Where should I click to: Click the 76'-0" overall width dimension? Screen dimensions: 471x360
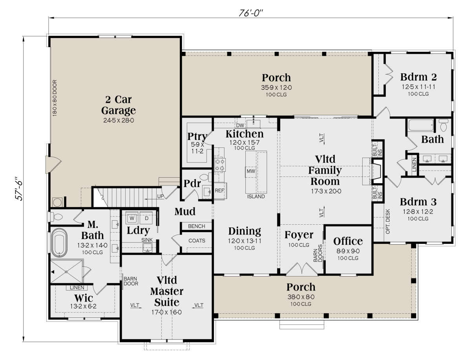pyautogui.click(x=251, y=13)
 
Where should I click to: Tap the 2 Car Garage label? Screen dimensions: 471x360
pyautogui.click(x=119, y=105)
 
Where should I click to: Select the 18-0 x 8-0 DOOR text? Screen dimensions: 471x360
pyautogui.click(x=55, y=98)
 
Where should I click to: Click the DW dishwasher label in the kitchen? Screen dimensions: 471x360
pyautogui.click(x=240, y=125)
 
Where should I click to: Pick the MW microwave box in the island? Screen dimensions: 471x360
pyautogui.click(x=251, y=171)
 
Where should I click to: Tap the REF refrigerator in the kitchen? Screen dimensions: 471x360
pyautogui.click(x=219, y=191)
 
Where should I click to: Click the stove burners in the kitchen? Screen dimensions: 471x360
pyautogui.click(x=220, y=165)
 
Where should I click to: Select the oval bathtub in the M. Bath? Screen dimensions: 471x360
pyautogui.click(x=59, y=243)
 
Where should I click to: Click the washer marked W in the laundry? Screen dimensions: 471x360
pyautogui.click(x=132, y=218)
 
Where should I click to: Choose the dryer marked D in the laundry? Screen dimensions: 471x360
pyautogui.click(x=146, y=218)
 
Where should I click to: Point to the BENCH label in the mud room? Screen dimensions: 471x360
pyautogui.click(x=196, y=226)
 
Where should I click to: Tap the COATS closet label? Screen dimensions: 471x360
pyautogui.click(x=197, y=240)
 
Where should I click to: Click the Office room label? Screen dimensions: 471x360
pyautogui.click(x=348, y=241)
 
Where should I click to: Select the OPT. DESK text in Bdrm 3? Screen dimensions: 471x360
pyautogui.click(x=388, y=221)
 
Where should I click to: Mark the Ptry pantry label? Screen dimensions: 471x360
pyautogui.click(x=197, y=136)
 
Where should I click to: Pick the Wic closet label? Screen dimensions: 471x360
pyautogui.click(x=84, y=298)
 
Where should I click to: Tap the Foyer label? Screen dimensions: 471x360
pyautogui.click(x=299, y=235)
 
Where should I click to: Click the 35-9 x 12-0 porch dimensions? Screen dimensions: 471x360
pyautogui.click(x=276, y=87)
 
